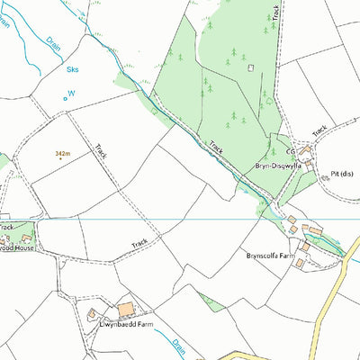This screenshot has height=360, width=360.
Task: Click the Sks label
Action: point(72,67)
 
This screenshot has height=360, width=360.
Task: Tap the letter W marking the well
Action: point(72,92)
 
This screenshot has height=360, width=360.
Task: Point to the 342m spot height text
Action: point(62,154)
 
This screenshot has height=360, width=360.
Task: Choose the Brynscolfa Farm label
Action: point(271,256)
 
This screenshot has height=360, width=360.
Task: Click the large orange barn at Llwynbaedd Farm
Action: point(126,309)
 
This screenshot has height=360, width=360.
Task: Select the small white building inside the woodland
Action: point(250,67)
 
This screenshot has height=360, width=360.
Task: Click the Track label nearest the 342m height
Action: point(101,151)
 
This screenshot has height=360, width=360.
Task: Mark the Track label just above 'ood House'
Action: point(6,228)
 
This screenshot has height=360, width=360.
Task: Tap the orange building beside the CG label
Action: point(305,151)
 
